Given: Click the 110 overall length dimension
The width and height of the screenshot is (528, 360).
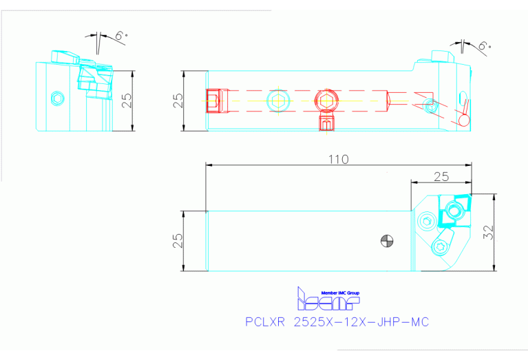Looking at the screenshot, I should click(x=339, y=159).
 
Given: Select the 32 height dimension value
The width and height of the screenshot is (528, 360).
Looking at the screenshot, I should click(x=488, y=233).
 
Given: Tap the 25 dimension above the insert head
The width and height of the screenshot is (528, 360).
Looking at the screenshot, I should click(x=441, y=176).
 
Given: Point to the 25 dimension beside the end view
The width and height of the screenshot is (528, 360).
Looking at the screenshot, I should click(x=126, y=100).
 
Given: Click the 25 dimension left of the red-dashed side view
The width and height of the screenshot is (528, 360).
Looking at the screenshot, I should click(x=178, y=100).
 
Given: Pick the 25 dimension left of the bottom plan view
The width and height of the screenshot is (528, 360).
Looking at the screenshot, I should click(x=178, y=240).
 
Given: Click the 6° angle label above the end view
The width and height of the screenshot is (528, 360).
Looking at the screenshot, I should click(x=121, y=35).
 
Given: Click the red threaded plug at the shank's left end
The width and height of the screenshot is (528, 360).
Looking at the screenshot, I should click(x=215, y=100).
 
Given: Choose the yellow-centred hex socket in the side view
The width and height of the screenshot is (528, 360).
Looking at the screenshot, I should click(x=278, y=100).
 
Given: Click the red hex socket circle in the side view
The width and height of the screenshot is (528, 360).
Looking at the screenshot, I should click(x=325, y=100).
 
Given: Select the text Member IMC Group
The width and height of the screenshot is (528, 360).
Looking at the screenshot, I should click(x=337, y=293).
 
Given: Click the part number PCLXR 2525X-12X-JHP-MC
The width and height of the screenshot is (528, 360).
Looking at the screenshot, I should click(x=337, y=322).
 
